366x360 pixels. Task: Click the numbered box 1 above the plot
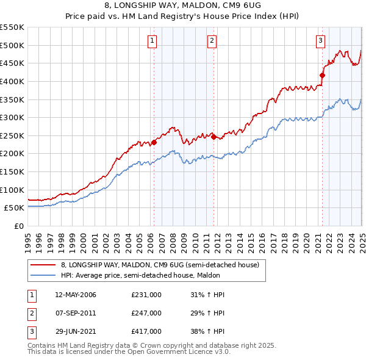[152, 41]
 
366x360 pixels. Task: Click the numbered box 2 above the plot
[211, 41]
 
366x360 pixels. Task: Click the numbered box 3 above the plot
[320, 41]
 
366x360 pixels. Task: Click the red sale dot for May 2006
[154, 142]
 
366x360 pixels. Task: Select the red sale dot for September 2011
[213, 137]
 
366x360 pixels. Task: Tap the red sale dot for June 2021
[323, 75]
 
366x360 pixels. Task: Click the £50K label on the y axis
[15, 207]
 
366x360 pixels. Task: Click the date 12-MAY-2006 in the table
[76, 295]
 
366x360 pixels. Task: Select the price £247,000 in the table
[146, 314]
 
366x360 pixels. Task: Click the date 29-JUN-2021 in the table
[75, 333]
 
